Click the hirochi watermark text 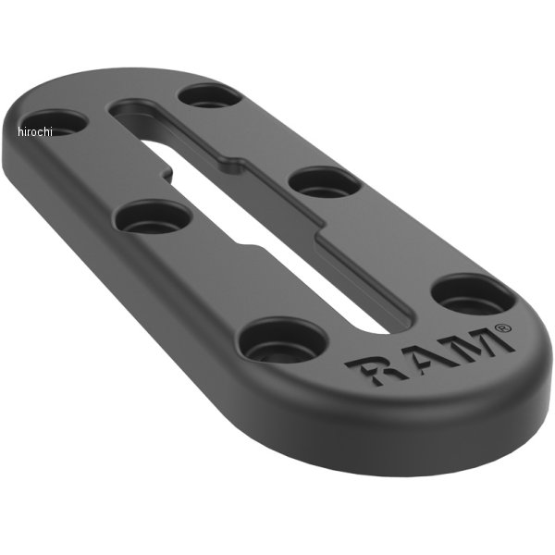35,131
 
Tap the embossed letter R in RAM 371,369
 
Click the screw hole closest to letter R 284,340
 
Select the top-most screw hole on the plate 210,95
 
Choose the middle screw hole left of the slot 153,216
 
